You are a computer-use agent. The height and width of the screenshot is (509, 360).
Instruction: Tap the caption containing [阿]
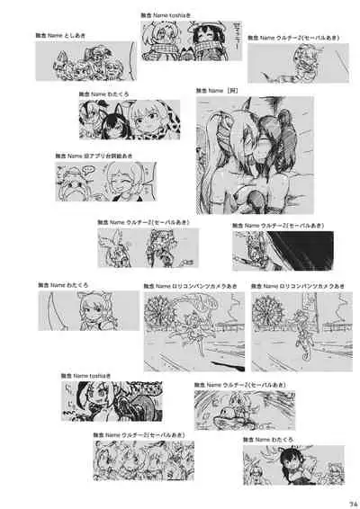click(221, 91)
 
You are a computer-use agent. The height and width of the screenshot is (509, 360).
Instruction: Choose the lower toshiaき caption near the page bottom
click(85, 374)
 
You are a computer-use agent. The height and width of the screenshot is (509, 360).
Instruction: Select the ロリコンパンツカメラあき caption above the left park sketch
click(190, 286)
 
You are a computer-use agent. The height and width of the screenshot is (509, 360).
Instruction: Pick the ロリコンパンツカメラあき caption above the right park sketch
click(294, 286)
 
